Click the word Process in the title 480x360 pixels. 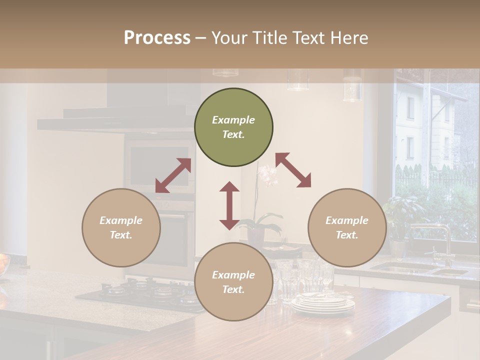coord(157,37)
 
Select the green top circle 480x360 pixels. coord(233,127)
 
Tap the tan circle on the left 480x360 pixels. coord(121,227)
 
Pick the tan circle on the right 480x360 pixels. coord(347,227)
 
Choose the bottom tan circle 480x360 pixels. coord(233,282)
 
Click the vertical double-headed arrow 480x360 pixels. coord(229,205)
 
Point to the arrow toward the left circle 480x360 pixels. coord(173,175)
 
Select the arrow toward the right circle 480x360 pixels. coord(293,170)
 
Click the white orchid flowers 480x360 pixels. coord(267,176)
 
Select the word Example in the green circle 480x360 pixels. coord(233,120)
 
